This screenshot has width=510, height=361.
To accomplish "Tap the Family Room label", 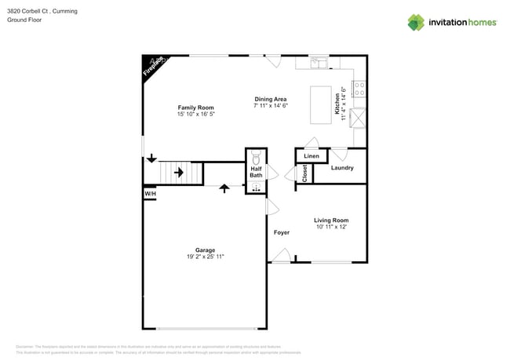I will click(x=195, y=108).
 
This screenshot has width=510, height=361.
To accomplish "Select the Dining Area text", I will click(x=270, y=99).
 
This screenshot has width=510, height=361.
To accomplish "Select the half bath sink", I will click(x=256, y=187).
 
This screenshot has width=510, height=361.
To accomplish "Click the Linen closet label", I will click(x=311, y=156).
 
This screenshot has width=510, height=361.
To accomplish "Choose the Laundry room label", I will click(x=342, y=168).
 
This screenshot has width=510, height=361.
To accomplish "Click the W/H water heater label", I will click(x=150, y=194).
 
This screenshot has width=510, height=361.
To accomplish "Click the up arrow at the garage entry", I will click(x=224, y=188).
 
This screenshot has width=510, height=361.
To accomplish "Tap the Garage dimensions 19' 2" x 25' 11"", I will click(x=206, y=257).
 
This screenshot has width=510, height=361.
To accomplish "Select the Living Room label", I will click(x=331, y=221).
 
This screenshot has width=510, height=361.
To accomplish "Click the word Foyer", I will click(x=281, y=233).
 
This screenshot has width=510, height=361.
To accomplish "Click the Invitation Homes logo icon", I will click(x=416, y=23).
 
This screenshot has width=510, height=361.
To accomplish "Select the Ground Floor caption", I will click(x=24, y=20).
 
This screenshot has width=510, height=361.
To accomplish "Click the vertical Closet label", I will click(x=304, y=173).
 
